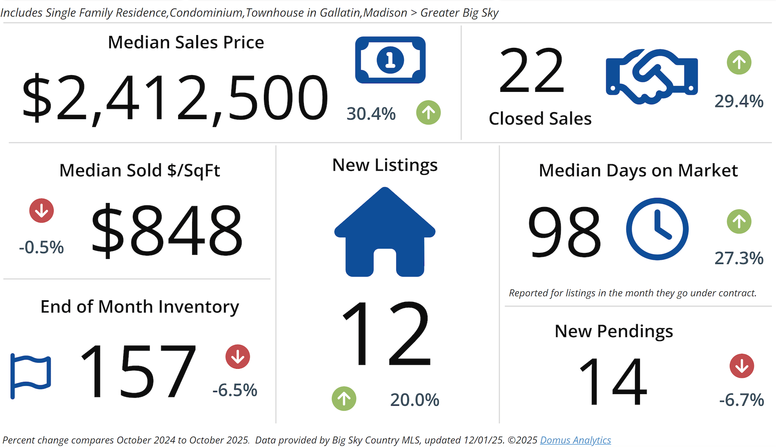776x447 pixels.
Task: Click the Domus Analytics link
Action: point(575,440)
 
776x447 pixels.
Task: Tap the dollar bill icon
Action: point(390,60)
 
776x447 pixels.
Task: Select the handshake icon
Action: point(651,77)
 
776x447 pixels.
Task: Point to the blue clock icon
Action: point(657,229)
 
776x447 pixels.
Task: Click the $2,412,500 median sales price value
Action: point(175,99)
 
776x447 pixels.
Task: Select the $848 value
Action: point(167,230)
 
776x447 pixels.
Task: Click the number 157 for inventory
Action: point(138,371)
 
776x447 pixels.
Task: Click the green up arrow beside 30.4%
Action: point(428,113)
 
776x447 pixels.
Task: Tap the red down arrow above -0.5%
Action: point(41,211)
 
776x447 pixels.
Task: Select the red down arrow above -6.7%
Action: point(741,366)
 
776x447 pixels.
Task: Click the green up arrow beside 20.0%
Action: point(344,399)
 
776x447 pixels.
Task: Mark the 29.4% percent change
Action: point(738,101)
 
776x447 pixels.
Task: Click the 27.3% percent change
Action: point(738,259)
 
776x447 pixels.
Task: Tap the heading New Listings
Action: point(385,165)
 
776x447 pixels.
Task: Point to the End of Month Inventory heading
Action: point(140,307)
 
